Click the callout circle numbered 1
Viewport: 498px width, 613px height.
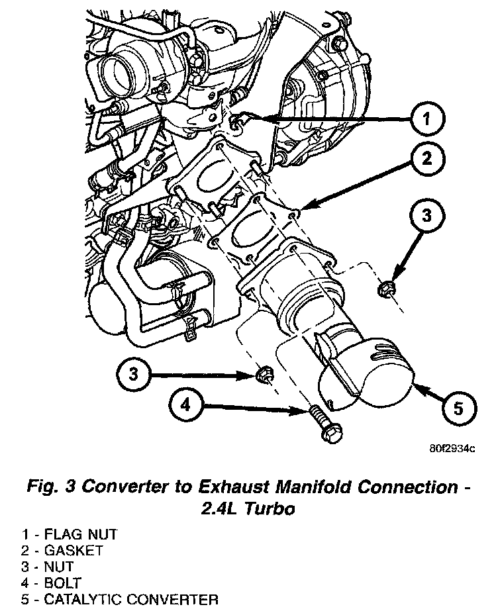click(x=427, y=119)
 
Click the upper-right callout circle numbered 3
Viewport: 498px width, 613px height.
click(x=426, y=215)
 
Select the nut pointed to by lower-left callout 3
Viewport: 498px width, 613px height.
click(x=263, y=376)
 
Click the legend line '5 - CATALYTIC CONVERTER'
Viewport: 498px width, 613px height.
click(x=109, y=600)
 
